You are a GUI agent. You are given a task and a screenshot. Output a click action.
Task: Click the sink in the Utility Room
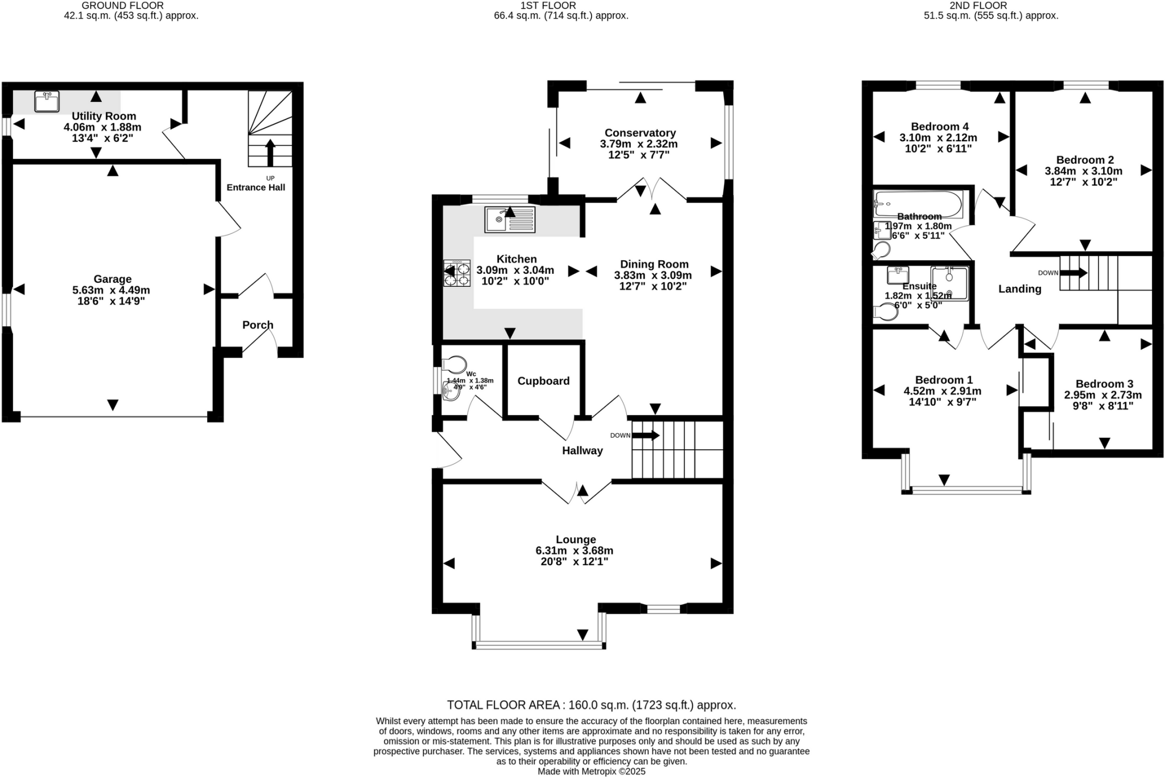coord(47,102)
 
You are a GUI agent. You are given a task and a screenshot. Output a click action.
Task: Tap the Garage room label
coord(112,279)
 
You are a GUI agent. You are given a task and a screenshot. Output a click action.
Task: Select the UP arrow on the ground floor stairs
coord(270,152)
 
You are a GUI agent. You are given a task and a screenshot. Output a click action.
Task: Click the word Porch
coord(258,325)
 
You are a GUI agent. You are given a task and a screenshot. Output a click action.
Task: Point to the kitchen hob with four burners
coord(457,273)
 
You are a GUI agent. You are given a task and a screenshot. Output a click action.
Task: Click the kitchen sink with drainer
coord(509,220)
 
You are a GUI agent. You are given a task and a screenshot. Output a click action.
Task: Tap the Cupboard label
coord(543,381)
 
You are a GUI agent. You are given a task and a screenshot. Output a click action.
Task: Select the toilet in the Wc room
coord(455,364)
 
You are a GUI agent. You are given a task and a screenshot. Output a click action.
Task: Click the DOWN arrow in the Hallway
coord(646,435)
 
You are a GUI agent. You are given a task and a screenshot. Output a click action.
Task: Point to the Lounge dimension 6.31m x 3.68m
coord(575,550)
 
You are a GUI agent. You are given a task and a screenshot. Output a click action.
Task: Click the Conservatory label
coord(640,133)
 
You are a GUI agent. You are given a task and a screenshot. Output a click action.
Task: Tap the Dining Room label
coord(654,264)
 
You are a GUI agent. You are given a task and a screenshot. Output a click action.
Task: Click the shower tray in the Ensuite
coord(949,283)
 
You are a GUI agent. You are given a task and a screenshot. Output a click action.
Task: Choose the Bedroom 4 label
coord(939,126)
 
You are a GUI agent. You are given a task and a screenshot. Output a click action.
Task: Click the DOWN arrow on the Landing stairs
coord(1073,273)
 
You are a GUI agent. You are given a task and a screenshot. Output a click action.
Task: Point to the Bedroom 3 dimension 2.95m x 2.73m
coord(1103,395)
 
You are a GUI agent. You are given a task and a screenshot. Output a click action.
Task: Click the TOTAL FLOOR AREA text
coord(591,705)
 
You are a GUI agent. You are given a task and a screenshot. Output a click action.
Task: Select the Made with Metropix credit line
coord(591,771)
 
